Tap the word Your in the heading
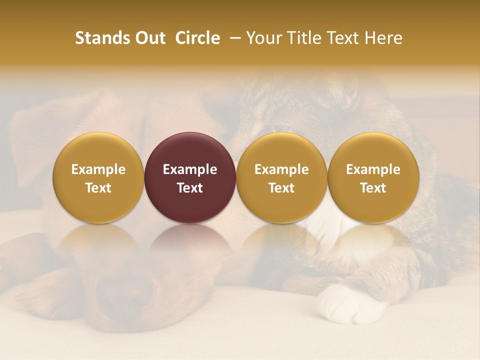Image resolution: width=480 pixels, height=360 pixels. tap(263, 38)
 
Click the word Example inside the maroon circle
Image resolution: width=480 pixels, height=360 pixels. tap(190, 169)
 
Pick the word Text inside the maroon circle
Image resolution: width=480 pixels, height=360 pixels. tap(190, 188)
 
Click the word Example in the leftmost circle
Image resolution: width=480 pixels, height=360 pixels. tap(98, 169)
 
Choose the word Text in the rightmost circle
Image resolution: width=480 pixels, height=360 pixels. tap(373, 188)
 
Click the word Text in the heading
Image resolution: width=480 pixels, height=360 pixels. tap(344, 38)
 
